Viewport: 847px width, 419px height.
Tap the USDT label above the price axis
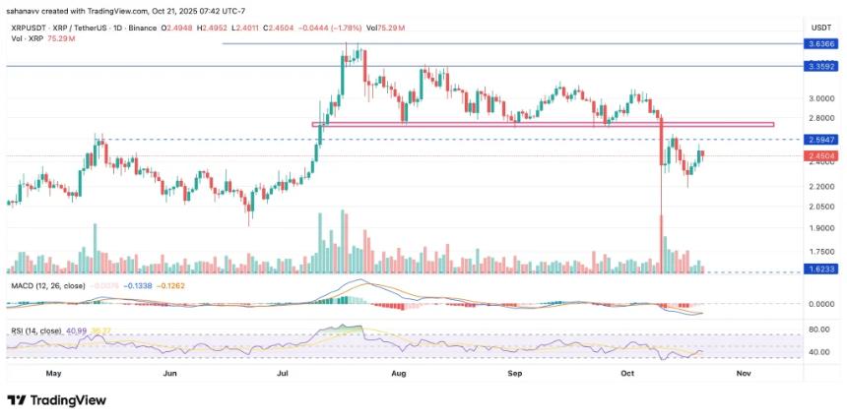click(819, 27)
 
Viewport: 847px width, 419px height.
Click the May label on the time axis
click(53, 374)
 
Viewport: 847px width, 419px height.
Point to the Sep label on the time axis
click(513, 374)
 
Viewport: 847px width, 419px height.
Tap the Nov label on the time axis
click(744, 374)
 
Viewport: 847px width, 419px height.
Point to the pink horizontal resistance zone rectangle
click(542, 125)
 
